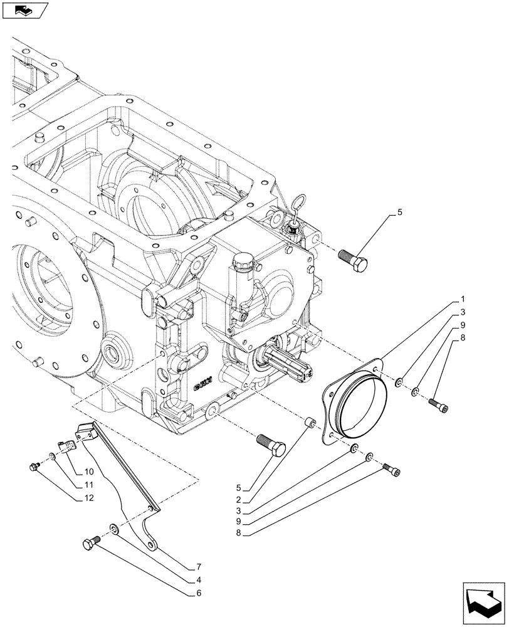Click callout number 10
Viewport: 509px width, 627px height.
(88, 471)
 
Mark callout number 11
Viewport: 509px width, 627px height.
(88, 484)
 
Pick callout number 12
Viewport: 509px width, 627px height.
(88, 498)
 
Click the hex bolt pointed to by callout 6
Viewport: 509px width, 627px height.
(91, 544)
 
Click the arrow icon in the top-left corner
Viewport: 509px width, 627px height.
(23, 9)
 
